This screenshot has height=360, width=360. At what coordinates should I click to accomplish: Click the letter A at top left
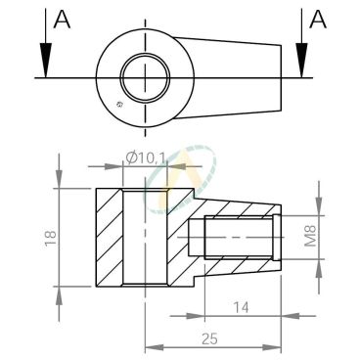pyautogui.click(x=62, y=19)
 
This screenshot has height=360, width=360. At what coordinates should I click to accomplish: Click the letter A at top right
pyautogui.click(x=318, y=19)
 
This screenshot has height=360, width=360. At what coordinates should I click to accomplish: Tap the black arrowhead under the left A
pyautogui.click(x=46, y=60)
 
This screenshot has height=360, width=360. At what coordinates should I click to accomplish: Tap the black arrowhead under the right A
pyautogui.click(x=302, y=60)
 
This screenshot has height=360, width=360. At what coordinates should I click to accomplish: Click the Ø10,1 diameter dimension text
pyautogui.click(x=146, y=158)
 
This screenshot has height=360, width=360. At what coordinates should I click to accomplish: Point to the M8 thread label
pyautogui.click(x=311, y=236)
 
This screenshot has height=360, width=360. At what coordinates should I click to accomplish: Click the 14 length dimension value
pyautogui.click(x=241, y=307)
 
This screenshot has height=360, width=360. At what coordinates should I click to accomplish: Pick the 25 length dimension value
pyautogui.click(x=209, y=339)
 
